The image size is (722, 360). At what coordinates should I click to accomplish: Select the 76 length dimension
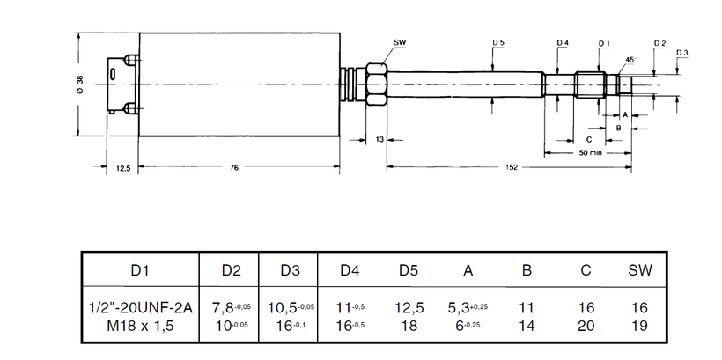click(234, 167)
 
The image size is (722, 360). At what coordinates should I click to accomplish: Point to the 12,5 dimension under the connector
click(123, 168)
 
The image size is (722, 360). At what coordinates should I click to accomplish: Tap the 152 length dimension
click(511, 167)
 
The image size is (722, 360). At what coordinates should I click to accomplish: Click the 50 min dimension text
click(591, 153)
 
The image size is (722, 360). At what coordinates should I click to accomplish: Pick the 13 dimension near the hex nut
click(379, 139)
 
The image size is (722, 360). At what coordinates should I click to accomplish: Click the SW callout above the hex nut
click(400, 43)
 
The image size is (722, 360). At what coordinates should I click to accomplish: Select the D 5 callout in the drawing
click(498, 43)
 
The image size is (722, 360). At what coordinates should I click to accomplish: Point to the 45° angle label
click(631, 59)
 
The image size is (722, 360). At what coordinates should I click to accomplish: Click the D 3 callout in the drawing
click(682, 53)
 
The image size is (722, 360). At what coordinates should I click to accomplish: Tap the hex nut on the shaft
click(376, 84)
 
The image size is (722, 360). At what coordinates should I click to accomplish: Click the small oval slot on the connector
click(113, 75)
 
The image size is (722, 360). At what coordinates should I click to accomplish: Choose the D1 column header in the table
click(140, 270)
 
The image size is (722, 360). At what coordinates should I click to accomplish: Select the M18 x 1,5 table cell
click(140, 326)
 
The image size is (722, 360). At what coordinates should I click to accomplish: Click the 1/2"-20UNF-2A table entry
click(140, 307)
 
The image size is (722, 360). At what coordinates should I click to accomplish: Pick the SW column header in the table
click(640, 270)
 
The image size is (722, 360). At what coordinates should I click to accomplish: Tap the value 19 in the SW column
click(640, 326)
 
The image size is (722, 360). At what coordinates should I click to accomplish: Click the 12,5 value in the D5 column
click(409, 307)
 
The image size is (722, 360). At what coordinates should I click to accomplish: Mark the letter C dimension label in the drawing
click(588, 139)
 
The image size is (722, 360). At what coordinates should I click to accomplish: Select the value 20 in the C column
click(586, 326)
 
